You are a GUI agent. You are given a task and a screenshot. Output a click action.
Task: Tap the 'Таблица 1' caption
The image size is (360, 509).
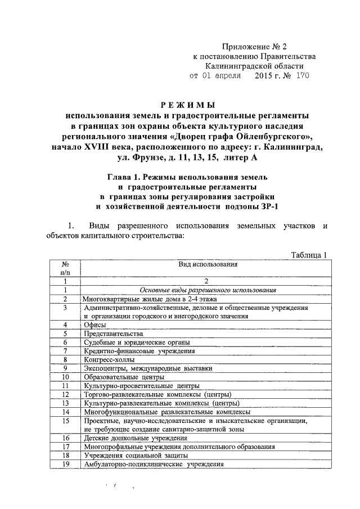[309, 255]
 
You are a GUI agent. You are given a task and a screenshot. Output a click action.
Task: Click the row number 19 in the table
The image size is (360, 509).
[65, 464]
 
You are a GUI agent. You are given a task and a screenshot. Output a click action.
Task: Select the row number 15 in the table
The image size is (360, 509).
[65, 420]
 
